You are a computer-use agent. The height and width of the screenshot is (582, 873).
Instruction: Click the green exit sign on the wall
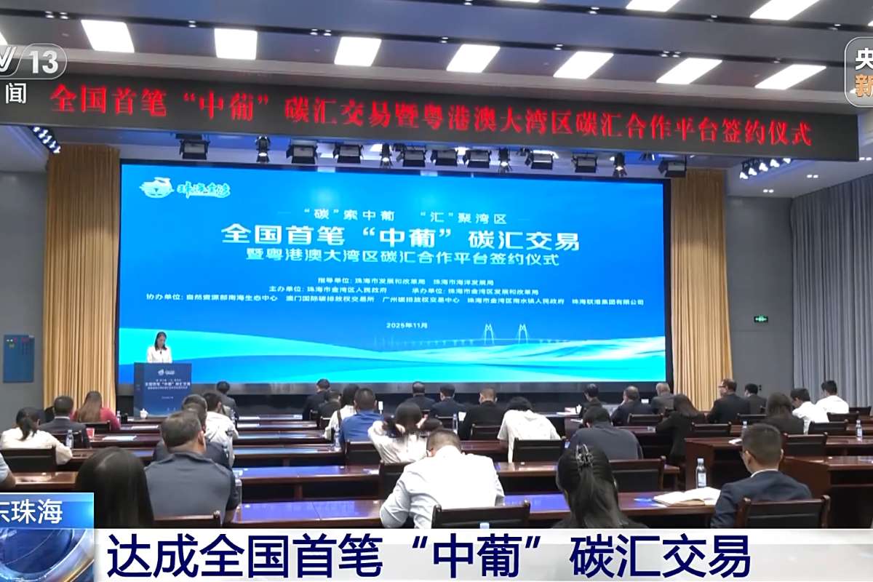coord(761,319)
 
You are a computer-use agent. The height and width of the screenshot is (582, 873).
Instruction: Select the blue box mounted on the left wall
coord(18,358)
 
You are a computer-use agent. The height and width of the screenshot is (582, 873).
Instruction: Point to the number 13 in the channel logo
coord(44,63)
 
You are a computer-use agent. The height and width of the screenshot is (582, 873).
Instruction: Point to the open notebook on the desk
coord(687,497)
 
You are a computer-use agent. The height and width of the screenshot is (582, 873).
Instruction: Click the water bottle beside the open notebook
coord(701,474)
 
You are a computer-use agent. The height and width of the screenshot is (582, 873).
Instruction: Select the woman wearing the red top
coord(95,410)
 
